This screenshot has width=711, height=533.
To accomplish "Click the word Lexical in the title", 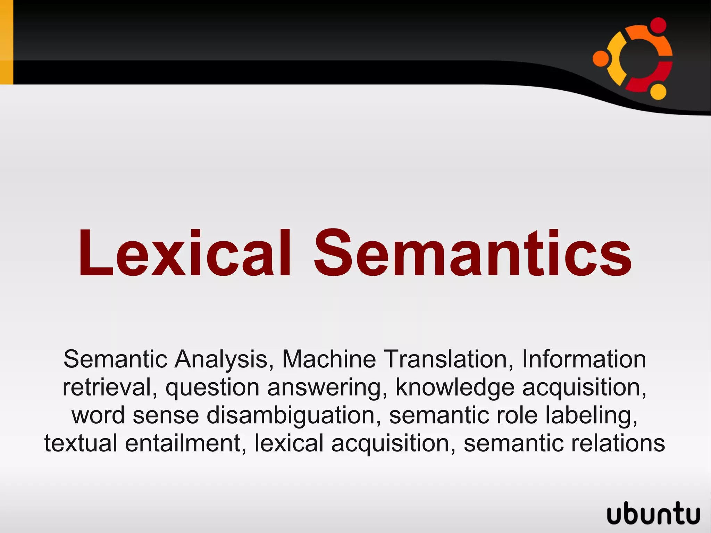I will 184,253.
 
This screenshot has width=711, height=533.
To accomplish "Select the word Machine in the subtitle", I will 329,359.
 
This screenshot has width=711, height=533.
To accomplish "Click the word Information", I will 584,359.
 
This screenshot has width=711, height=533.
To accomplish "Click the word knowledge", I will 455,387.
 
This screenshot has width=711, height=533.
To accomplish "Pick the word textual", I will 81,443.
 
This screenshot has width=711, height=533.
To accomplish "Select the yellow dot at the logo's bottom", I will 658,91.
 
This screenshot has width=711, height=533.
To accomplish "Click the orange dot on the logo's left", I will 601,58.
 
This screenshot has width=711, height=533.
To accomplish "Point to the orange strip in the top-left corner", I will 6,42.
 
